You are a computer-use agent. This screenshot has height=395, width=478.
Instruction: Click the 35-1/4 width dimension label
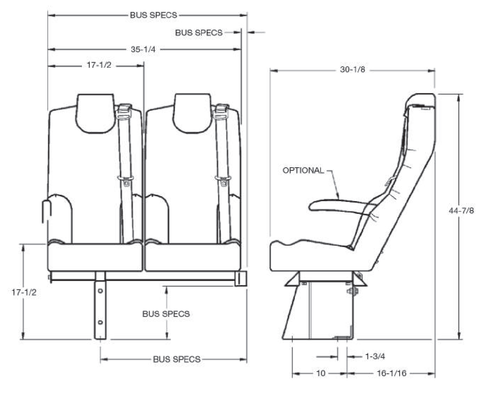click(143, 49)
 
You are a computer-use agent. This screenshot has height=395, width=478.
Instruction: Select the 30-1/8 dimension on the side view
click(352, 70)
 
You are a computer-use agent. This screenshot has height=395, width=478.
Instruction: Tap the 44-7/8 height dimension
click(461, 211)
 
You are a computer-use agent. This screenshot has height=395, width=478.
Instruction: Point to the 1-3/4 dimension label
click(375, 356)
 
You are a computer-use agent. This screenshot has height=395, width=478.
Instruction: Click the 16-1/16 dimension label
click(391, 373)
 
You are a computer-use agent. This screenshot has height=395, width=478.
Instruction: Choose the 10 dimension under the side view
click(320, 373)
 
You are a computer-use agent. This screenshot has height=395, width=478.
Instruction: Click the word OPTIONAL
click(303, 170)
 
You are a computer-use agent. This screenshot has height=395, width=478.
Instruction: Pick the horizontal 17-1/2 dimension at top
click(99, 65)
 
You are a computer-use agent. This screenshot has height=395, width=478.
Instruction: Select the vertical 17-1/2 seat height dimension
click(24, 292)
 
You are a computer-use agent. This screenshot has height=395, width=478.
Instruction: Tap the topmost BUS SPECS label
click(153, 15)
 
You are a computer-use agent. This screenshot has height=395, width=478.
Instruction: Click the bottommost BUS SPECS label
click(177, 359)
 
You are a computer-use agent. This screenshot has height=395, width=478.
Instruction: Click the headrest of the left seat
click(95, 112)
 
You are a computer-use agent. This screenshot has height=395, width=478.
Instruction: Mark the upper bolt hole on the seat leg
click(100, 291)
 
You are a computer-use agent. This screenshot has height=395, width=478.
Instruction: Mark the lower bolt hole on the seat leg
click(100, 322)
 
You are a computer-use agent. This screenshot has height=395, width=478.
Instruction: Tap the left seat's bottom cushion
click(95, 257)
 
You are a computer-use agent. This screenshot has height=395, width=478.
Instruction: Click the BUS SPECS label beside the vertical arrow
click(166, 314)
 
